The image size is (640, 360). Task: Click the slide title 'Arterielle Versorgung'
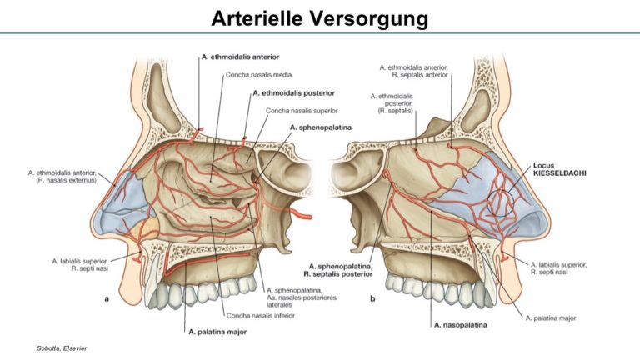tap(320, 18)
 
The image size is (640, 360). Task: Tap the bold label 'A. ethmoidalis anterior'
tap(240, 57)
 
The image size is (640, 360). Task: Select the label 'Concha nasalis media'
tap(259, 75)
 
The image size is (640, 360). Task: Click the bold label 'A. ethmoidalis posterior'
tap(294, 93)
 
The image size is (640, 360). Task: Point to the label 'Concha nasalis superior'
tap(302, 111)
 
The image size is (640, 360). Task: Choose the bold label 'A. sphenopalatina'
tap(320, 127)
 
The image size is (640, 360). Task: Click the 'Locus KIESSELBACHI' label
tap(560, 169)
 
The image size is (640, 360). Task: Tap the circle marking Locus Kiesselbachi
tap(489, 202)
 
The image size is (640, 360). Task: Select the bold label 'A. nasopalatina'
tap(460, 325)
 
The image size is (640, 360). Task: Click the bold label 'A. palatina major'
tap(217, 332)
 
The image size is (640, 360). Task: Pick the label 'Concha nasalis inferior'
tap(260, 316)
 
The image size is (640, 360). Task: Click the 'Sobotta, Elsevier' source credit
tap(62, 348)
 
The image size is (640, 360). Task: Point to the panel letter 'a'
tap(107, 299)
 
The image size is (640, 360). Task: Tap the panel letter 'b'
tap(372, 298)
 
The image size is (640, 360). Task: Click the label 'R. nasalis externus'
tap(66, 180)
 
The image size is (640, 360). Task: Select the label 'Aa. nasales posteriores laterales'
tap(302, 301)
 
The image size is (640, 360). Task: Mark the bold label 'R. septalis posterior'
tap(338, 274)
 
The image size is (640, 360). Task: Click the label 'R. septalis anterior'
tap(420, 75)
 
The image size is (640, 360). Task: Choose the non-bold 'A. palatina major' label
tap(551, 318)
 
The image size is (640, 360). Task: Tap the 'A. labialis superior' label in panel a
tap(80, 261)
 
